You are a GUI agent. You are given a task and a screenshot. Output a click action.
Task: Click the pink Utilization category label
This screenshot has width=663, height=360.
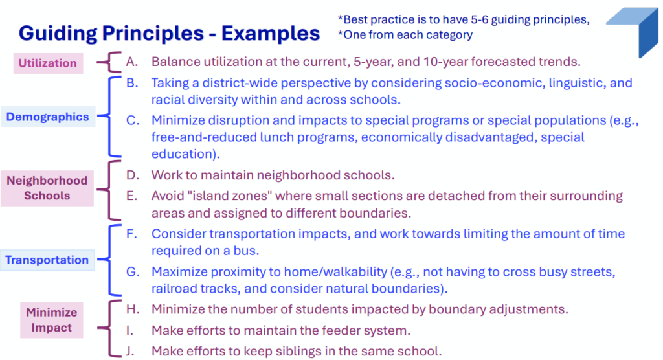(x=48, y=63)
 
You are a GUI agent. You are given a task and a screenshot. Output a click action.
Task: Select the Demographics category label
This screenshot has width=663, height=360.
(x=48, y=117)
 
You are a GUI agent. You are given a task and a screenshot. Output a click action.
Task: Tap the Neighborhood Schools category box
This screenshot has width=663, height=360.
(x=47, y=188)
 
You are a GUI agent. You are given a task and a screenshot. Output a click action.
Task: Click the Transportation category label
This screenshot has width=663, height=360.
(x=47, y=260)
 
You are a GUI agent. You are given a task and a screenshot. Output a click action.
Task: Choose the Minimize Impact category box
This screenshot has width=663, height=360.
(x=52, y=320)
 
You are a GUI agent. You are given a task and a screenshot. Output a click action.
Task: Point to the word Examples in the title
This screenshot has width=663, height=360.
(x=271, y=34)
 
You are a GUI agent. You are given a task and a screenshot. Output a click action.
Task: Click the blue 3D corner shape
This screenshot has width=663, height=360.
(x=633, y=32)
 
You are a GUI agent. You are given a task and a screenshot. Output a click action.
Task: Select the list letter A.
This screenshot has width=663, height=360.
(x=132, y=62)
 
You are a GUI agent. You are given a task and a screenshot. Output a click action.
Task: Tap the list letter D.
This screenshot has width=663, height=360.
(x=132, y=175)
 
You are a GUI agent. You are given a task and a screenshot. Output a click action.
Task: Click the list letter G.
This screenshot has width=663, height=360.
(x=132, y=271)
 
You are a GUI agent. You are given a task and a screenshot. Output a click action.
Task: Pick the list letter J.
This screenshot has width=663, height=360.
(x=131, y=351)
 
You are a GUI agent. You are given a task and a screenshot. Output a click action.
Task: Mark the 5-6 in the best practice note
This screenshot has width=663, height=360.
(x=475, y=19)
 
